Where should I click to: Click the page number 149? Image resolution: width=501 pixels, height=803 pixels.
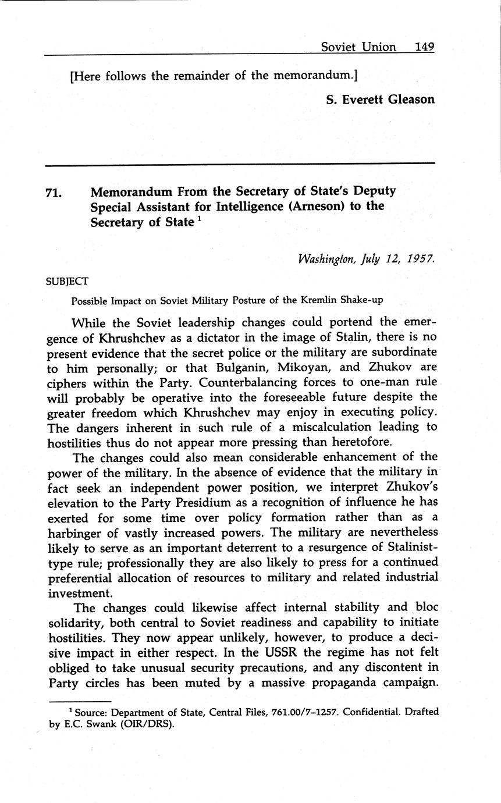coord(425,47)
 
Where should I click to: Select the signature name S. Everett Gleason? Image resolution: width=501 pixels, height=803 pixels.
coord(380,100)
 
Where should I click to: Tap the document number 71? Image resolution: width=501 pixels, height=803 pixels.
coord(54,193)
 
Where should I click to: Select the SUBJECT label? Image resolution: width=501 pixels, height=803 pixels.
coord(67,282)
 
